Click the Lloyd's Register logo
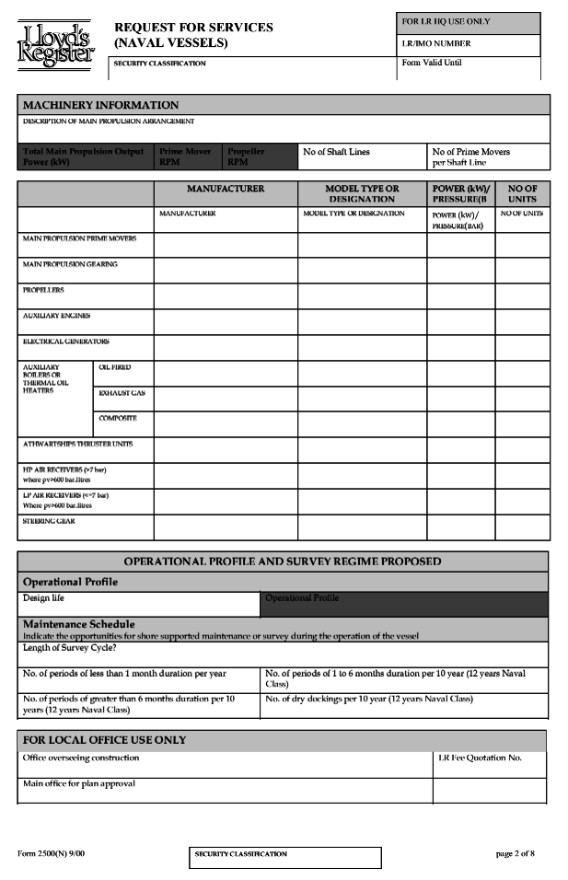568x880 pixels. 56,43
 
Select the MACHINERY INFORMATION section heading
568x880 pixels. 100,105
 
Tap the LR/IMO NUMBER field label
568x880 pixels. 436,43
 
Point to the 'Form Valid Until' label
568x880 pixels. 432,63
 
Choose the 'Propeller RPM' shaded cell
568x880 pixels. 246,156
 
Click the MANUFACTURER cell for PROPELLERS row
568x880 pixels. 225,295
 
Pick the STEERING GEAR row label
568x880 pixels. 49,521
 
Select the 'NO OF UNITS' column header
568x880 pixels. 522,193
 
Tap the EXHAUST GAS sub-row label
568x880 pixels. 122,393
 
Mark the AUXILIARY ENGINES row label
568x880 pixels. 56,316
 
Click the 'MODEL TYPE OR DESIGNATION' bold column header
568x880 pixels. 361,193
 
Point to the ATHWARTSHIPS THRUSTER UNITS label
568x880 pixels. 77,444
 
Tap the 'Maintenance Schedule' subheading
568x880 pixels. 78,624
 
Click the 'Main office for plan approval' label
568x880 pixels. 80,783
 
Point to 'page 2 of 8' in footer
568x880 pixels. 515,853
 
